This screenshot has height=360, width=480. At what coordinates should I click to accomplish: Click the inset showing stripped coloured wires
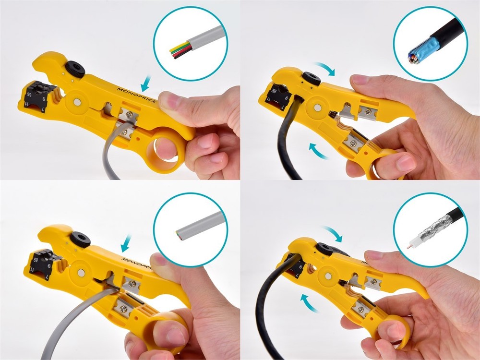pyautogui.click(x=191, y=43)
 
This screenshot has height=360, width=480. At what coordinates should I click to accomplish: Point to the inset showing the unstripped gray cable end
pyautogui.click(x=191, y=230)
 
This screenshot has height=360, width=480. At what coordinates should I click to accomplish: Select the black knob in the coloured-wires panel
pyautogui.click(x=76, y=68)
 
